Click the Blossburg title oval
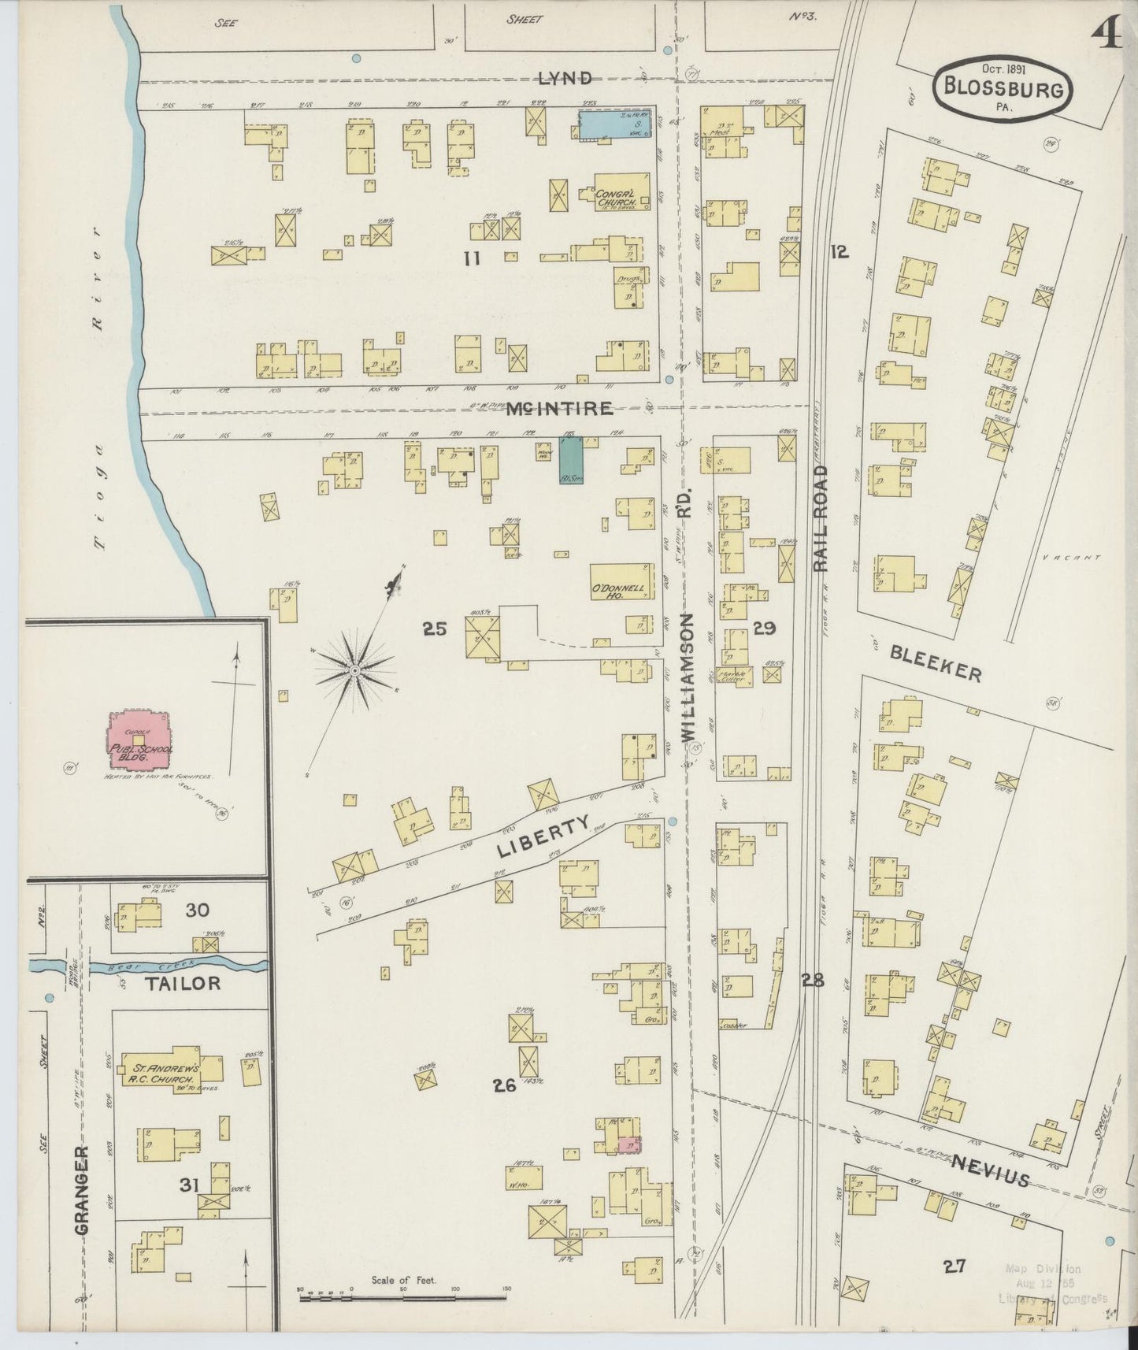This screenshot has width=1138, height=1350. point(1002,88)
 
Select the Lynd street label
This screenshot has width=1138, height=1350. point(565,78)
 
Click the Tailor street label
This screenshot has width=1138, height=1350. point(182,983)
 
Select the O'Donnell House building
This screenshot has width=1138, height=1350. point(621,582)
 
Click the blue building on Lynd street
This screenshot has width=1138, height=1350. point(615,124)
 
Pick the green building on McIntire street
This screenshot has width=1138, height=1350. point(571,461)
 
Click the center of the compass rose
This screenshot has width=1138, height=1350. point(355,670)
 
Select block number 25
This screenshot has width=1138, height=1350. point(434,629)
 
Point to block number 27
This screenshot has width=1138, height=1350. point(954,1267)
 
